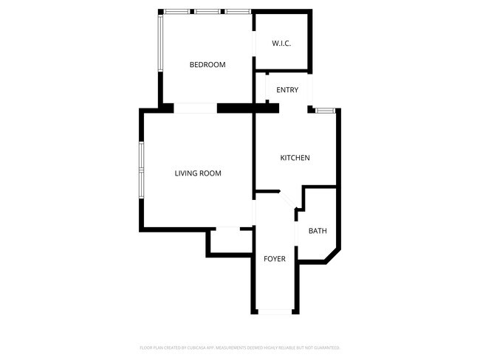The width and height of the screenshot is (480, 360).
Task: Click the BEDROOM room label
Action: [207, 65]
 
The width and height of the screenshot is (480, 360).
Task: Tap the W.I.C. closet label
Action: [281, 44]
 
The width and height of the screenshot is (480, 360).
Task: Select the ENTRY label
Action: [287, 90]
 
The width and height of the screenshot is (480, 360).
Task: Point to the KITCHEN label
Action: [295, 159]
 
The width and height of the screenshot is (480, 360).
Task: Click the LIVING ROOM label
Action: [198, 174]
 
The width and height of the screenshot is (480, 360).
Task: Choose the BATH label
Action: [318, 232]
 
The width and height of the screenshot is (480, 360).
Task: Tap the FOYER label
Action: [275, 259]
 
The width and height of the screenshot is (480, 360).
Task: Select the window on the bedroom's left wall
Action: [160, 43]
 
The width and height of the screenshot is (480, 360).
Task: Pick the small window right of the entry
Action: [325, 111]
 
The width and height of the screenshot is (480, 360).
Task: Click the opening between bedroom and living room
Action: [195, 108]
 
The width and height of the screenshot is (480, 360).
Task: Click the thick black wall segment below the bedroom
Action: [247, 108]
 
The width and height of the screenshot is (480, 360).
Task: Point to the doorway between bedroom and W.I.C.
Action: [255, 44]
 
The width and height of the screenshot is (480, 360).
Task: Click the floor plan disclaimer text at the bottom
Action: [240, 347]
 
